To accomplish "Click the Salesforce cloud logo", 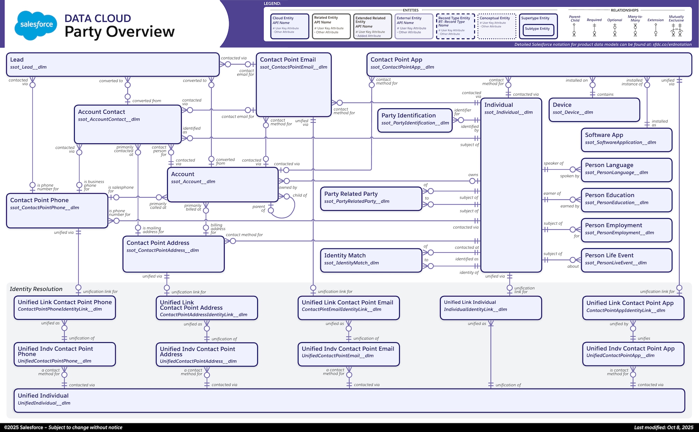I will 36,24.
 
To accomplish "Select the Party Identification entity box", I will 415,120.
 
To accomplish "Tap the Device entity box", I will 594,110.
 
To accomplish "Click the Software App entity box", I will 626,140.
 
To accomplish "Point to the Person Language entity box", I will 626,170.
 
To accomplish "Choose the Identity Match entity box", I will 371,260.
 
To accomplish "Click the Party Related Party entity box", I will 371,199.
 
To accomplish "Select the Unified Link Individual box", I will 490,308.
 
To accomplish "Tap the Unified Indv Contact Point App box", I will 633,354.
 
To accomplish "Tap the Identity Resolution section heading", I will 36,289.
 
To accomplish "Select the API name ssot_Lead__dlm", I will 28,67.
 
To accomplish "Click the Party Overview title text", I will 119,31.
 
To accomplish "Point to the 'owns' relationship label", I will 473,175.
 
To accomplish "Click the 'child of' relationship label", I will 300,195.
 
